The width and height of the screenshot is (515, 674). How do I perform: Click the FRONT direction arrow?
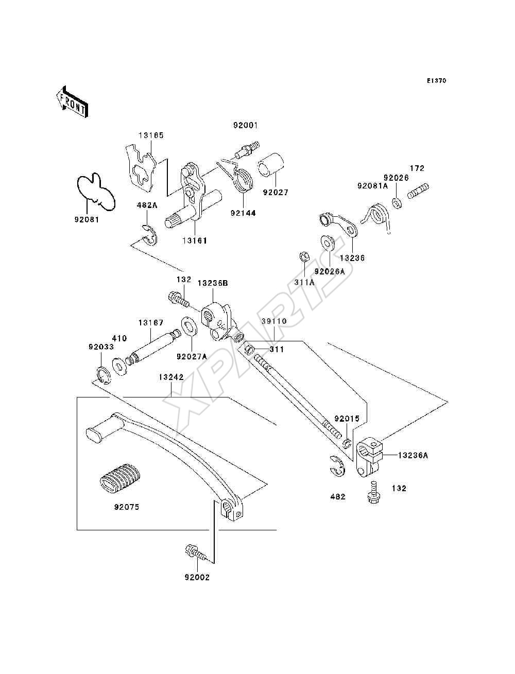[x=73, y=101]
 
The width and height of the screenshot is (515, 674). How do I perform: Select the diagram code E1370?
[x=436, y=81]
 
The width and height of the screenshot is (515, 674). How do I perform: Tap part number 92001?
[x=245, y=126]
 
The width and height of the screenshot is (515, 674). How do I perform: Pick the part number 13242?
[x=171, y=377]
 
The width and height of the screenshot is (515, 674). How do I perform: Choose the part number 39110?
[x=274, y=321]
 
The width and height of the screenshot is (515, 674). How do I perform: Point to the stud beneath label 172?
[x=418, y=191]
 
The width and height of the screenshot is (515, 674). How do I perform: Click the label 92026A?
[x=330, y=272]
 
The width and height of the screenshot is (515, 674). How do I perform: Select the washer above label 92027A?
[x=190, y=327]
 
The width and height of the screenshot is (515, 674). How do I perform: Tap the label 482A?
[x=147, y=205]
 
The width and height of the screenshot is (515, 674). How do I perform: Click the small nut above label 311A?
[x=304, y=256]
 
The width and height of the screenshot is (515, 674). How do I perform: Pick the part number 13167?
[x=151, y=323]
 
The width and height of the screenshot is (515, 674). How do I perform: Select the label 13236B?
[x=213, y=283]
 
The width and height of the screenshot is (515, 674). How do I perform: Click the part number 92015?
[x=347, y=419]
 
